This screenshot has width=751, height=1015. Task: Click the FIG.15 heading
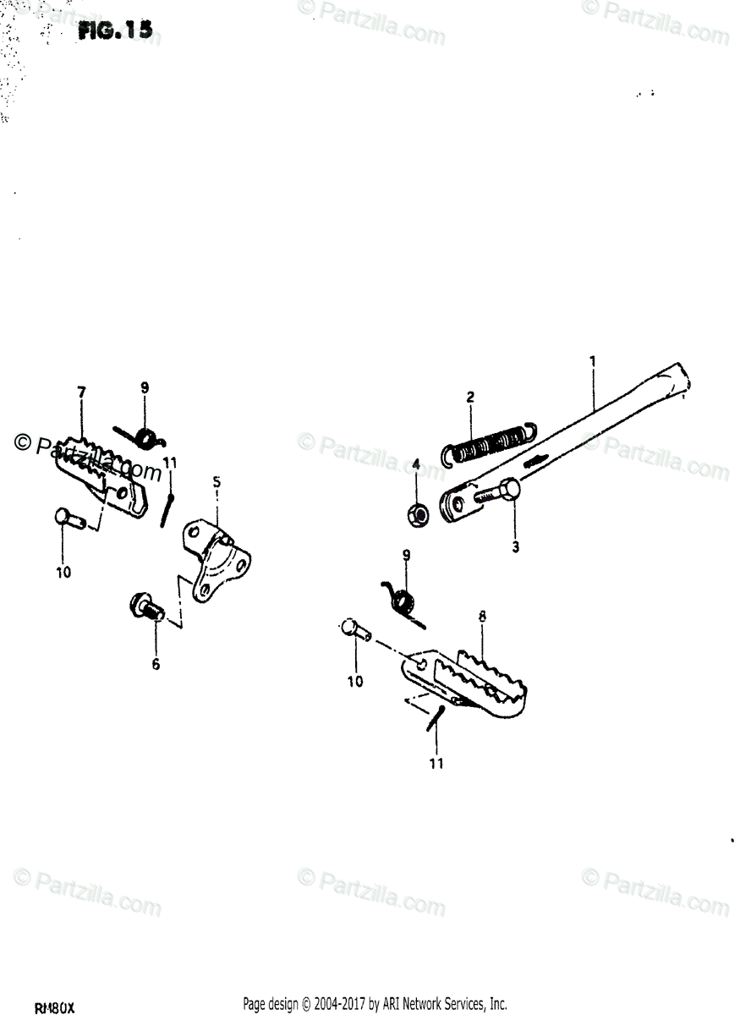(116, 31)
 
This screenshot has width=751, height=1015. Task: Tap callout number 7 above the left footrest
(82, 392)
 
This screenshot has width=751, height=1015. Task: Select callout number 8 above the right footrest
(481, 617)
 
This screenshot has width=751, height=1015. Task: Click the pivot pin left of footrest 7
(68, 516)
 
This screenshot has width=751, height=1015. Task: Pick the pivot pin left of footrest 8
(354, 631)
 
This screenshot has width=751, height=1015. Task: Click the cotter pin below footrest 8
(436, 716)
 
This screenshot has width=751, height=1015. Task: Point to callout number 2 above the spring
(471, 397)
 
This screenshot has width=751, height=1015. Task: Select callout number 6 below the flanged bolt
(156, 665)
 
